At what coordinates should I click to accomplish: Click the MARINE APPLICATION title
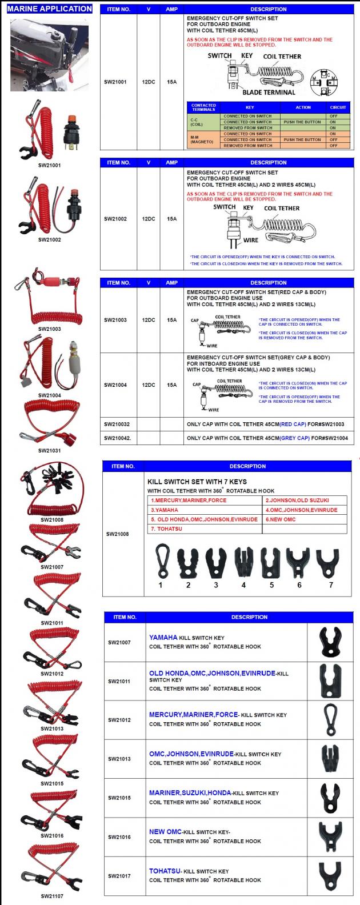coord(49,9)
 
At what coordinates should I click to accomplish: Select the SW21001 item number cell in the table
coord(115,82)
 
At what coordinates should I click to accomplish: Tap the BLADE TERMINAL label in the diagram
coord(269,93)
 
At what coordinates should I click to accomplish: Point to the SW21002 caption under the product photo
coord(50,239)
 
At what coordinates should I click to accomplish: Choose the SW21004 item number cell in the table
coord(115,385)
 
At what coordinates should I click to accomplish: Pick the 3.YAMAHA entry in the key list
coord(165,510)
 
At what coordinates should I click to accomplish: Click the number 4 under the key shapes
coord(243,585)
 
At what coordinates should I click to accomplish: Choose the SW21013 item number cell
coord(119,759)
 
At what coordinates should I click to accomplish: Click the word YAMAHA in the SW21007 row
coord(163,638)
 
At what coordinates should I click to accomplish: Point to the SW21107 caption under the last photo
coord(52,896)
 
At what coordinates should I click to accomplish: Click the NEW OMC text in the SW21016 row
coord(165,832)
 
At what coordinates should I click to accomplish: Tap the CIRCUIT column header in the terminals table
coord(338,107)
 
